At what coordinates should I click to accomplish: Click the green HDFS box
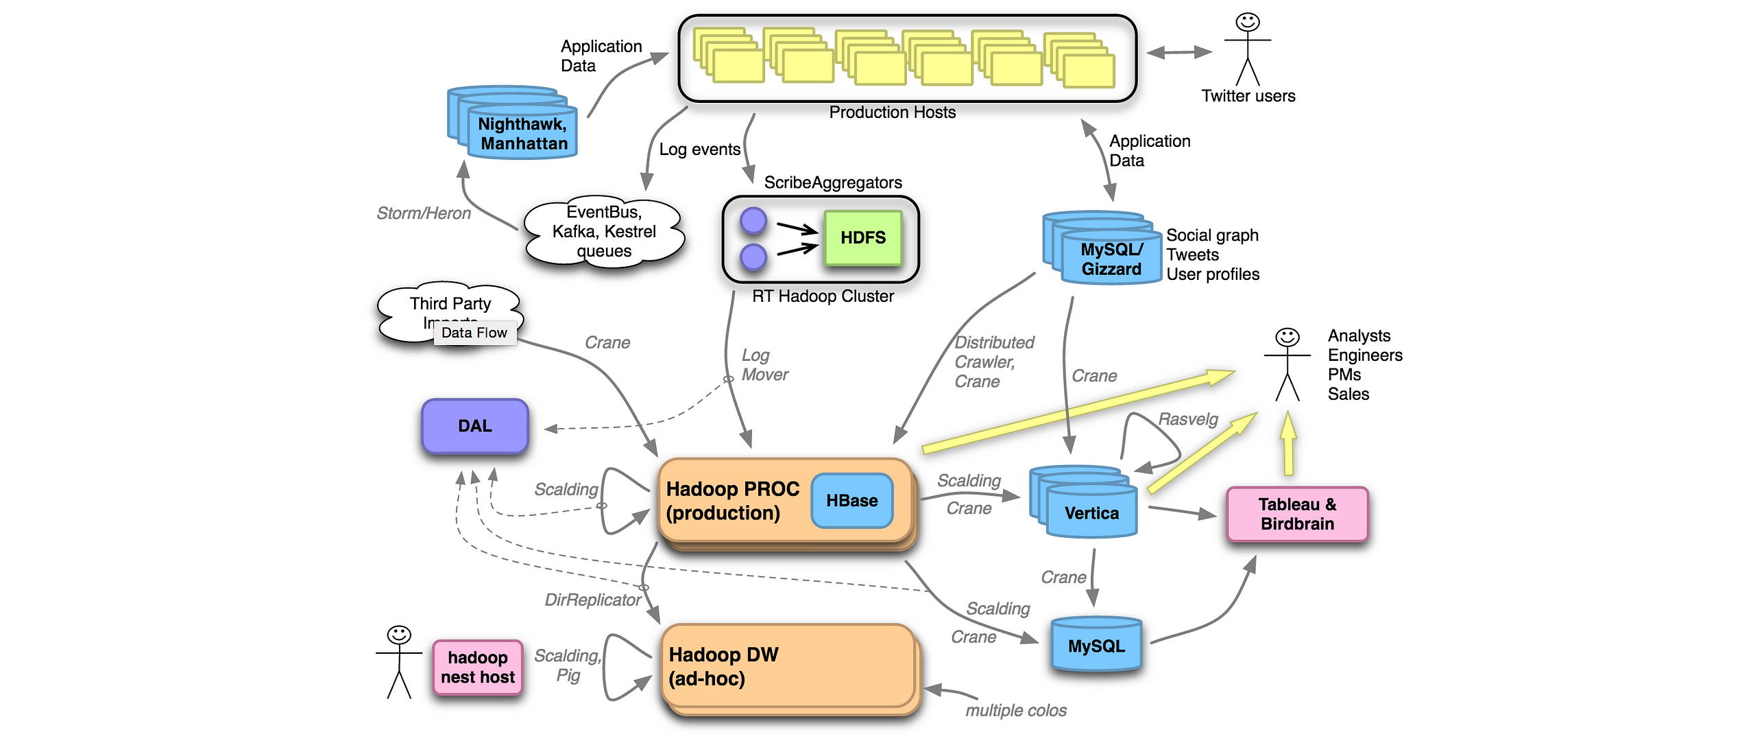[x=863, y=238]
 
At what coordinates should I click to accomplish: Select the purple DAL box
[x=475, y=426]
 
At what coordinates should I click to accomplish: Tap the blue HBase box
[x=852, y=501]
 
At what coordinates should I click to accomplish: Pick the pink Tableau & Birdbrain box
[x=1297, y=515]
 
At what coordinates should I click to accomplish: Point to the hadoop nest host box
[x=478, y=668]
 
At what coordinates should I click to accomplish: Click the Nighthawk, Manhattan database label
[x=524, y=134]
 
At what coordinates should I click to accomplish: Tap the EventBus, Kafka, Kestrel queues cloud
[x=604, y=232]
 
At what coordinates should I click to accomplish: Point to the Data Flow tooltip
[x=474, y=333]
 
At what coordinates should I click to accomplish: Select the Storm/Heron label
[x=424, y=213]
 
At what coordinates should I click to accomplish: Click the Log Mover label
[x=764, y=365]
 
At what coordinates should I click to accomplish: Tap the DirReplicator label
[x=593, y=600]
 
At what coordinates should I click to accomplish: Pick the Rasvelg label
[x=1188, y=419]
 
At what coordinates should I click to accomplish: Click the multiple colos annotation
[x=1016, y=711]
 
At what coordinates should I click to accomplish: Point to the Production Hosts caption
[x=892, y=113]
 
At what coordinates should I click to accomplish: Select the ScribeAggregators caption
[x=833, y=182]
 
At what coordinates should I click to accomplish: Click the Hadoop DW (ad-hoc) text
[x=723, y=667]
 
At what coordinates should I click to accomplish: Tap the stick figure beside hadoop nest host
[x=399, y=662]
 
